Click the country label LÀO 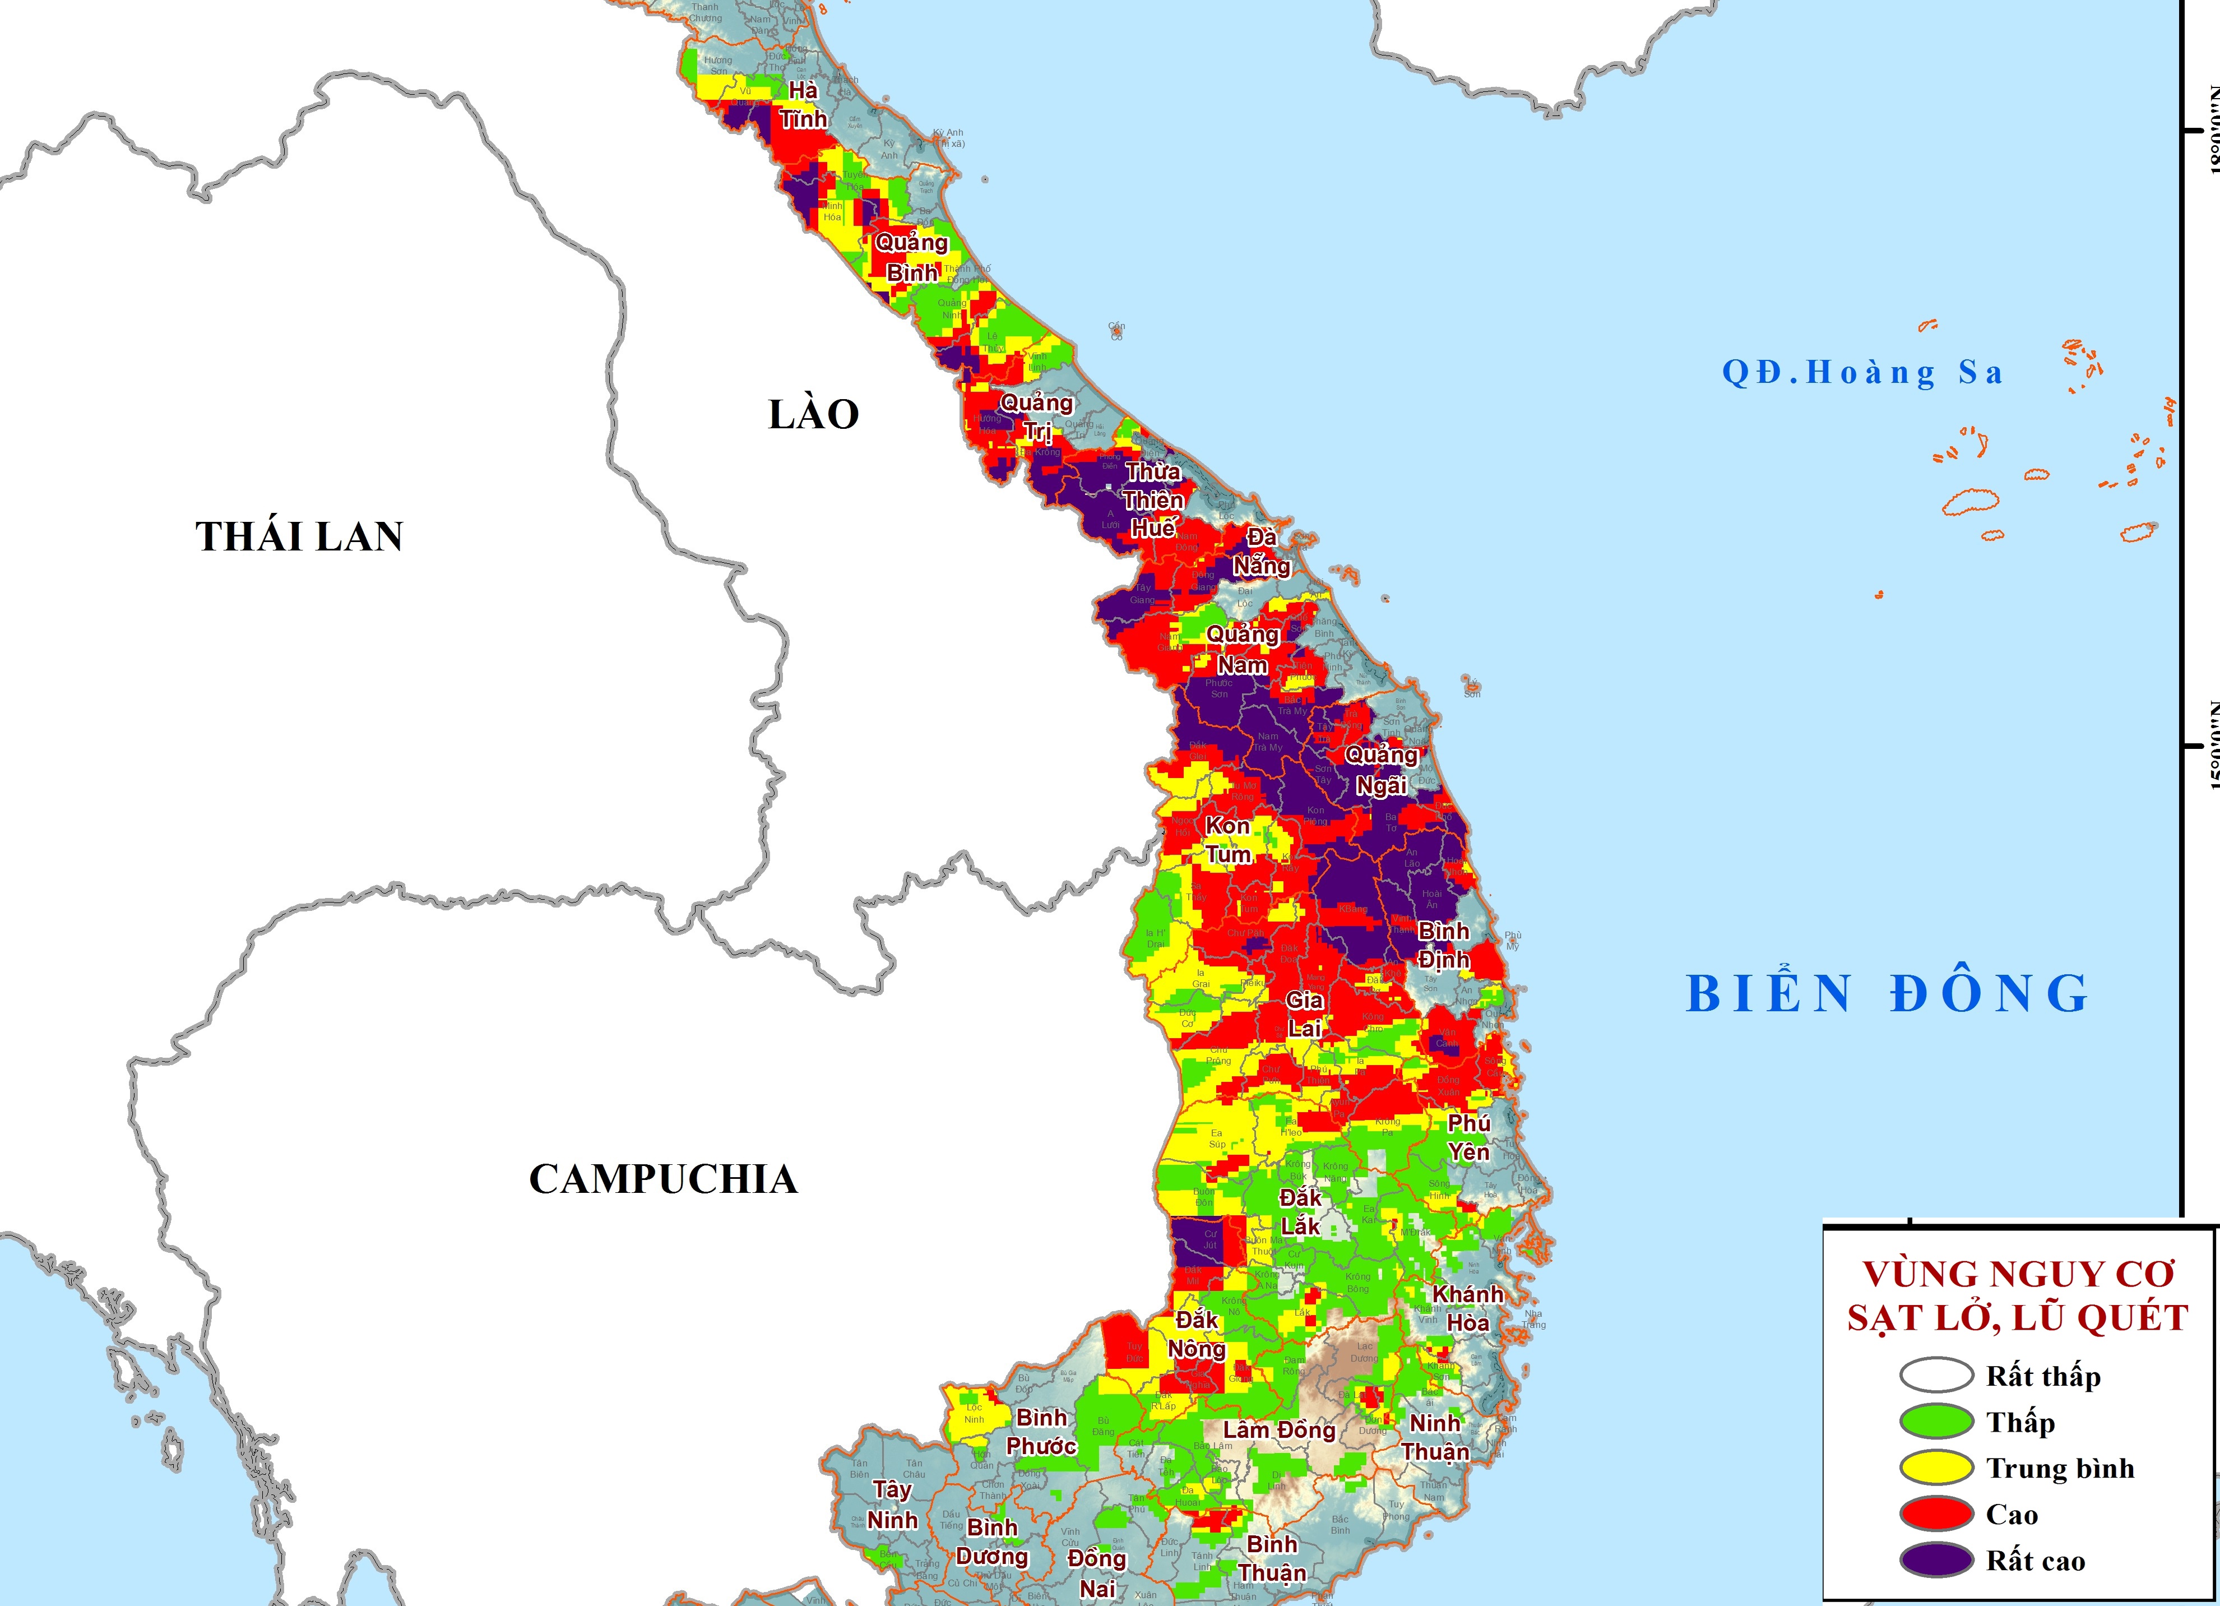click(813, 414)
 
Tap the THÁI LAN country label click(299, 536)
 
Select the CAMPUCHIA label click(662, 1179)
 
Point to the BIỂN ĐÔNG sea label click(1887, 994)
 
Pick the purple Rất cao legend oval click(1935, 1560)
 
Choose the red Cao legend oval click(1935, 1514)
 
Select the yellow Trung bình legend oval click(1935, 1468)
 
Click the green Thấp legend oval click(1935, 1422)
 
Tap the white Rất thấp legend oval click(1935, 1376)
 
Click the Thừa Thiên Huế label click(1153, 499)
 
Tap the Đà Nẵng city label click(1260, 552)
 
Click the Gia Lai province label click(1305, 1013)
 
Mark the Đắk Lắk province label click(1300, 1211)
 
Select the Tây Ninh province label click(892, 1504)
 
